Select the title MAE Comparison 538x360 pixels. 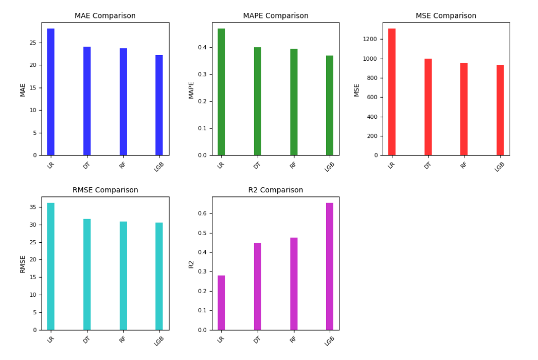point(105,16)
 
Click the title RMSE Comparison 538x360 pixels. point(105,190)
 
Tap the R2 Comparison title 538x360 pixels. point(276,190)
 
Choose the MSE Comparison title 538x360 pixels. point(446,16)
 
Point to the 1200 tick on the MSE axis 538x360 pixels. point(371,39)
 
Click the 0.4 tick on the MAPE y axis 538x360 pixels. point(202,47)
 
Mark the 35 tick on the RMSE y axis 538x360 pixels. point(33,207)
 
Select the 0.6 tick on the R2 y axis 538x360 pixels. point(202,213)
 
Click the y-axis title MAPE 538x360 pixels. point(191,89)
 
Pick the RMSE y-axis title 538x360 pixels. point(22,263)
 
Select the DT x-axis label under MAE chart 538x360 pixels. point(86,165)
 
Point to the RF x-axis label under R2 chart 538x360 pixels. point(293,339)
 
